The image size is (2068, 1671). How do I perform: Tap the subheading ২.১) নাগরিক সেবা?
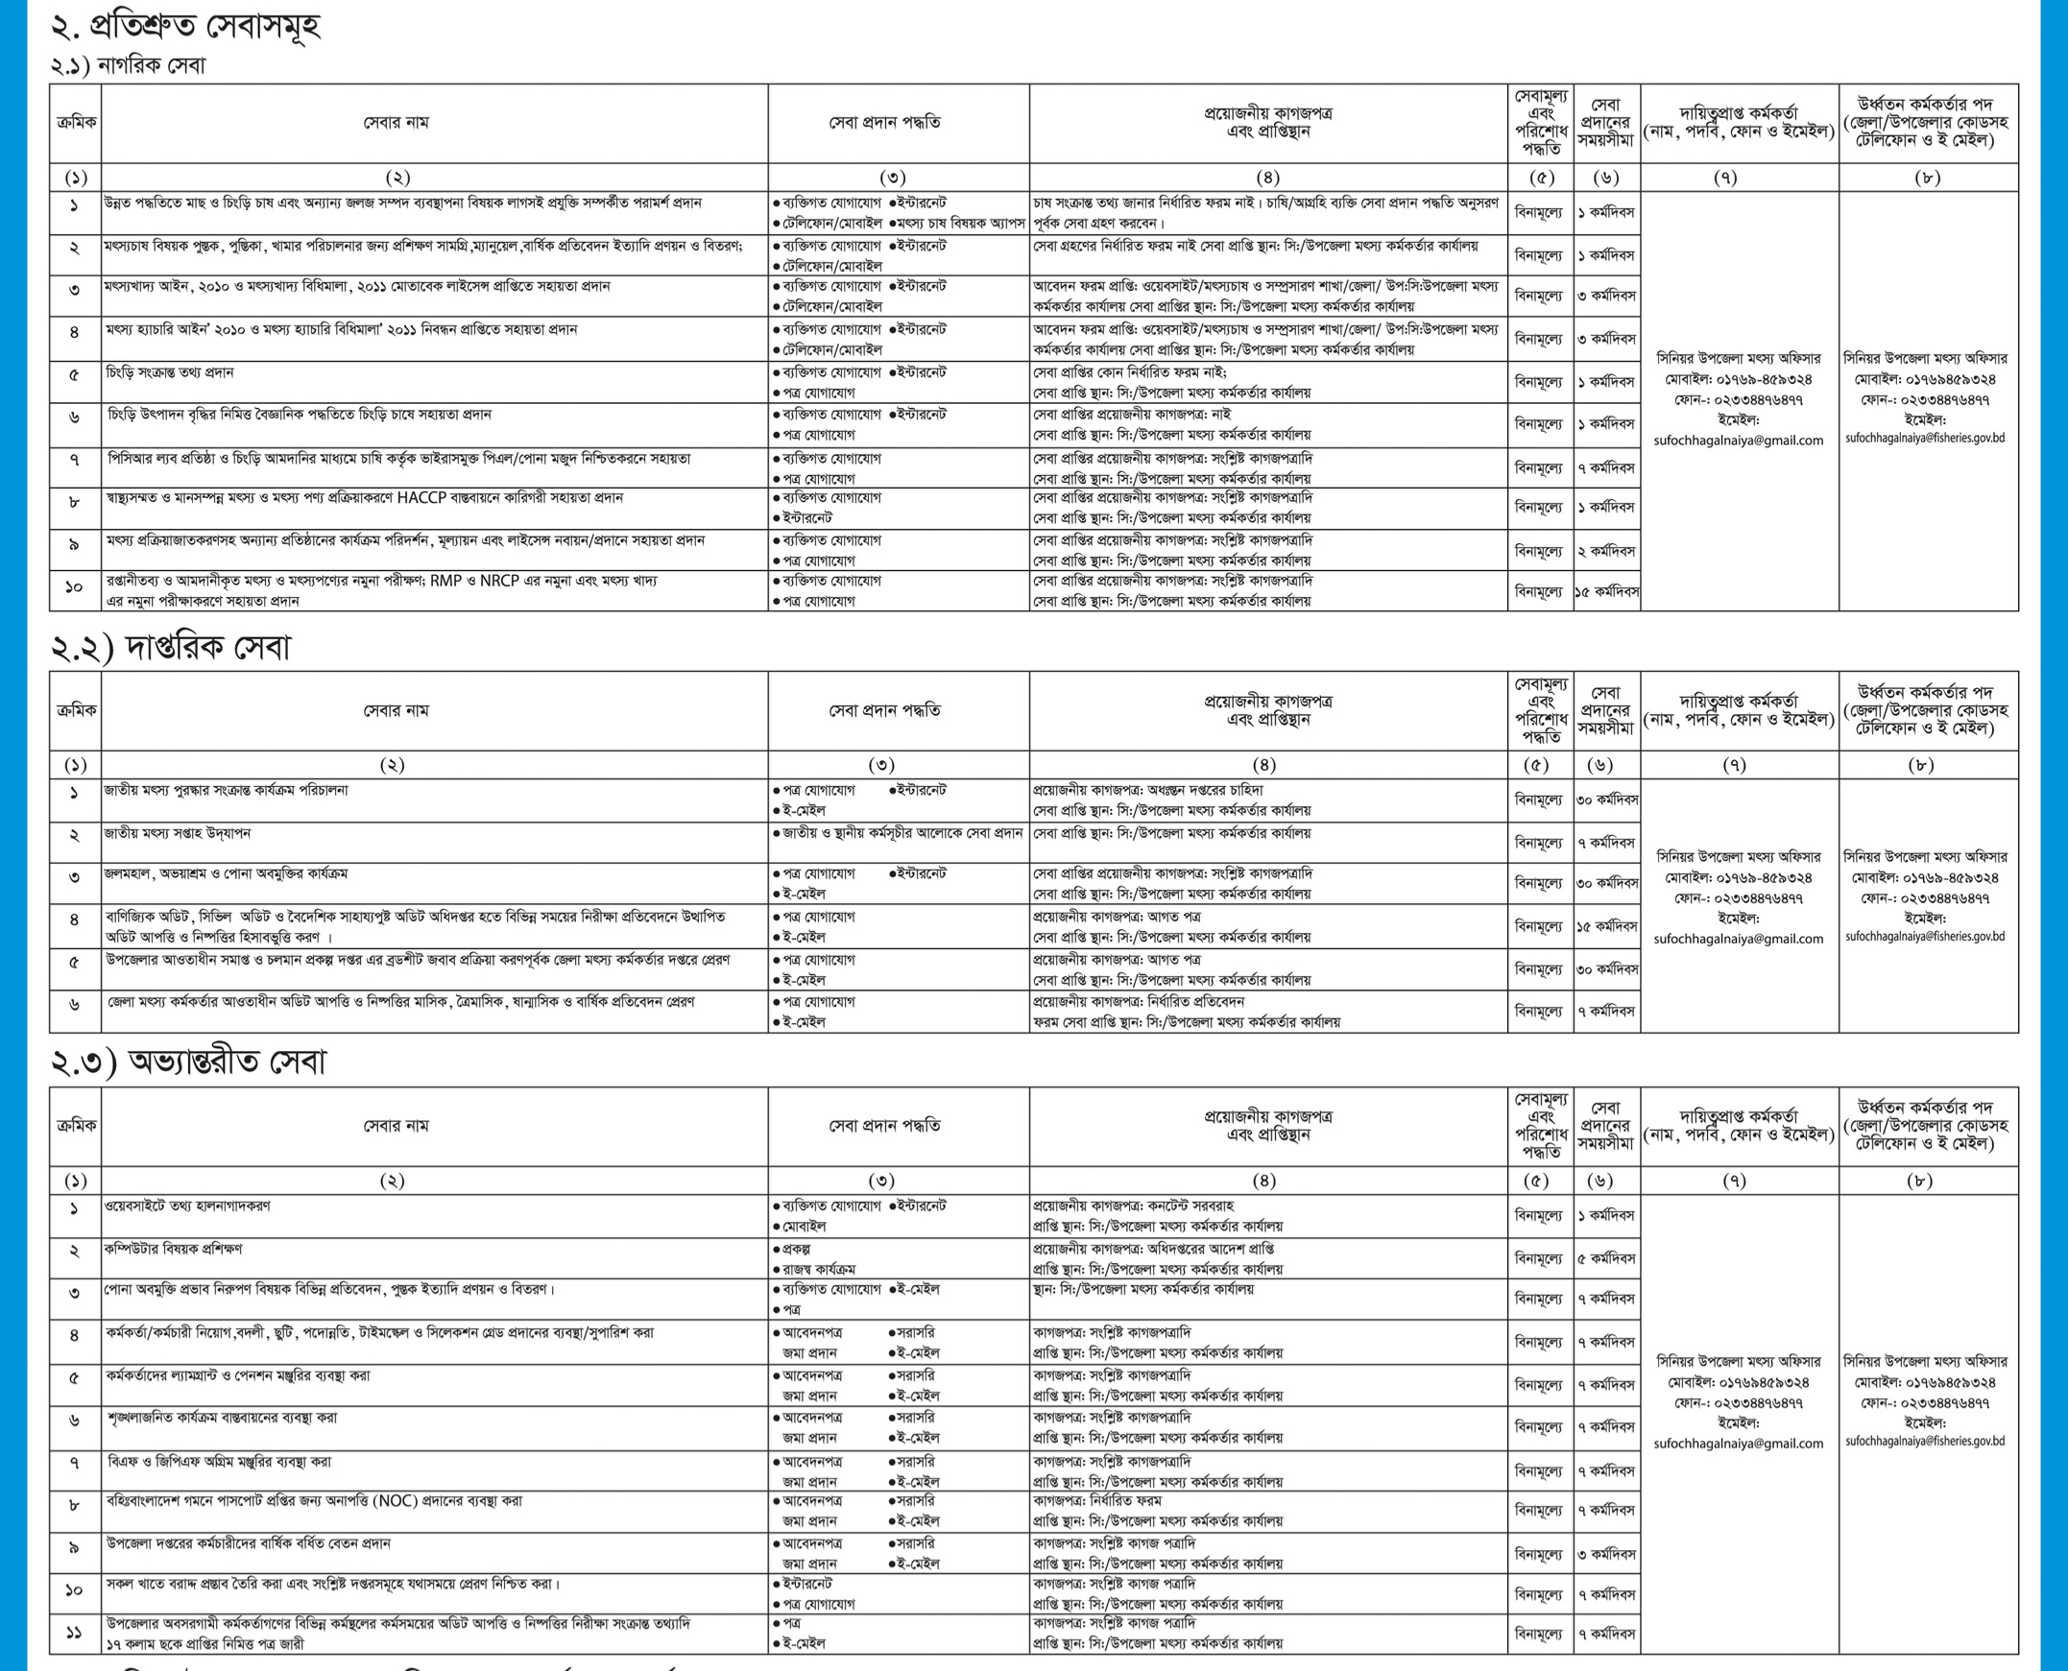(x=128, y=65)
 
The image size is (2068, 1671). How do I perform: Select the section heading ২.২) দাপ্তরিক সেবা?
(x=170, y=648)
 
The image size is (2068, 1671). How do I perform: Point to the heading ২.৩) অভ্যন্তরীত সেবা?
(x=189, y=1062)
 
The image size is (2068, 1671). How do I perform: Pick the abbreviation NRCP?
(x=499, y=581)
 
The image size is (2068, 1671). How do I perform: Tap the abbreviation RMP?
(x=446, y=581)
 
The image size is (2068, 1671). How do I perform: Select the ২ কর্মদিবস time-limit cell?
(x=1606, y=552)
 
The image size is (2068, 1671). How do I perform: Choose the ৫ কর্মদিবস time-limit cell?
(x=1606, y=1258)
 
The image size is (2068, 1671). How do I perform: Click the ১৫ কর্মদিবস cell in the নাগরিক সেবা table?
(x=1606, y=592)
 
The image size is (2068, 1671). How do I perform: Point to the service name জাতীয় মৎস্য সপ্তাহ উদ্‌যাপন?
(x=178, y=833)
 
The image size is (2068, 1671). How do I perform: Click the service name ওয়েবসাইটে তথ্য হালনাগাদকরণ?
(x=188, y=1206)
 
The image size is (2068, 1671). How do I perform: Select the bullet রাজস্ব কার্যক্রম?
(x=817, y=1270)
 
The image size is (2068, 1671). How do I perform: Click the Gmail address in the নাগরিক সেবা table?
(x=1739, y=440)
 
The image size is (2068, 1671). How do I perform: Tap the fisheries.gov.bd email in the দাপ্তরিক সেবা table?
(x=1926, y=936)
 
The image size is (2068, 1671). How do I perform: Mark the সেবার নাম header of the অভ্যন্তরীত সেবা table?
(x=396, y=1125)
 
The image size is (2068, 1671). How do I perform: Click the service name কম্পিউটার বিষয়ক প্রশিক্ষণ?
(x=174, y=1249)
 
